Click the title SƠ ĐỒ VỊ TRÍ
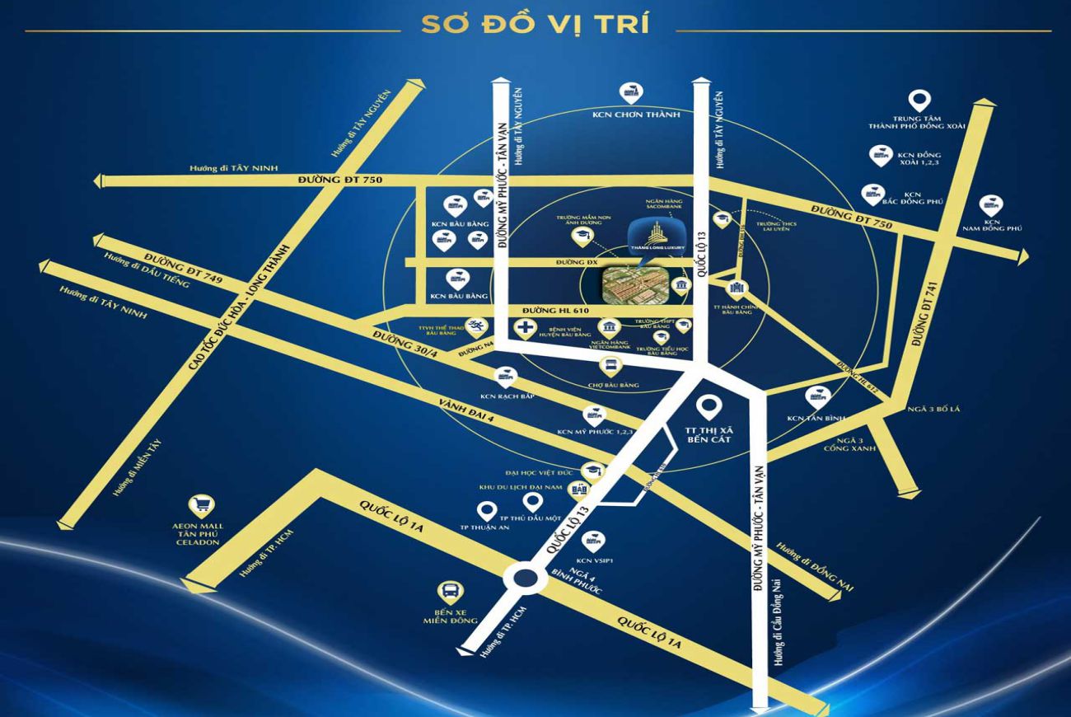[x=535, y=24]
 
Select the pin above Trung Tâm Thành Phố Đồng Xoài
[x=919, y=101]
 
